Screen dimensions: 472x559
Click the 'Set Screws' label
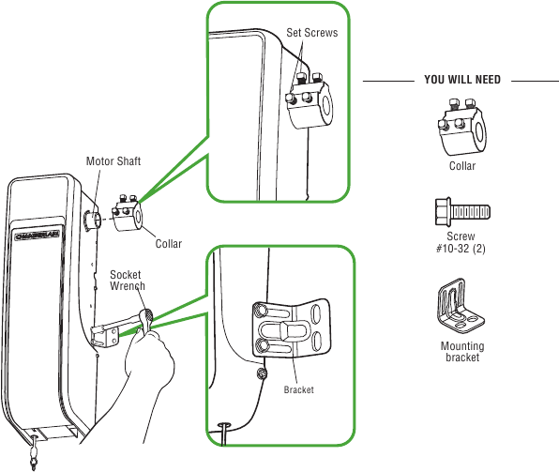(x=312, y=33)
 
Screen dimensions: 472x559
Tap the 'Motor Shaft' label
(x=113, y=161)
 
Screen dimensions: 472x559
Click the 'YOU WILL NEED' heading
(x=461, y=81)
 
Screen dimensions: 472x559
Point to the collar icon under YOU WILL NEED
(x=461, y=132)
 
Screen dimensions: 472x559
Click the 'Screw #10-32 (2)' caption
(x=461, y=243)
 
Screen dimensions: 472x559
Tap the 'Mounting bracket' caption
(x=461, y=351)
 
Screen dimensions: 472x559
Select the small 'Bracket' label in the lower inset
(x=299, y=388)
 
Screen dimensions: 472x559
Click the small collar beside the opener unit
(x=127, y=214)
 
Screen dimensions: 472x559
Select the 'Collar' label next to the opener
(x=169, y=244)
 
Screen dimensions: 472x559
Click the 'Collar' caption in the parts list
(x=461, y=166)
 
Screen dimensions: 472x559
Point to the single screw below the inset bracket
(x=262, y=374)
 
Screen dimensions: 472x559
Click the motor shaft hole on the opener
(x=90, y=221)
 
